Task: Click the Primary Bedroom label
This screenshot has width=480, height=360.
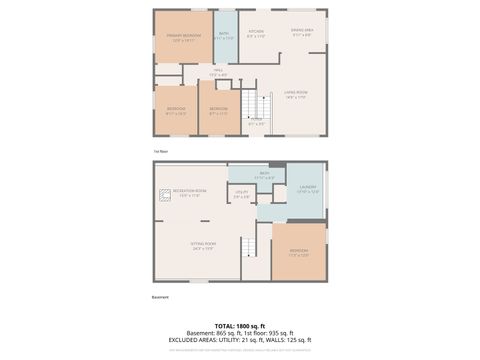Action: (183, 37)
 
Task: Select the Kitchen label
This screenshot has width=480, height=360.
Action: (256, 33)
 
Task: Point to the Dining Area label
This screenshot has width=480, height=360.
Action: (302, 33)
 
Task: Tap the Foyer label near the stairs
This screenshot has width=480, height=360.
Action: (256, 121)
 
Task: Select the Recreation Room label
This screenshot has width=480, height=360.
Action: (189, 192)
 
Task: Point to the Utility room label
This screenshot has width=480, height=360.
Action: (241, 193)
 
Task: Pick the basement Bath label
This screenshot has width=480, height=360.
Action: (265, 176)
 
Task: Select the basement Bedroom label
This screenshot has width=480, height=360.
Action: (299, 251)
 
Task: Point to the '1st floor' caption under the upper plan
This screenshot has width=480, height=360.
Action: (160, 151)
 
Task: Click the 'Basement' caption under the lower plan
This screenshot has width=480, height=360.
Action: (161, 297)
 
